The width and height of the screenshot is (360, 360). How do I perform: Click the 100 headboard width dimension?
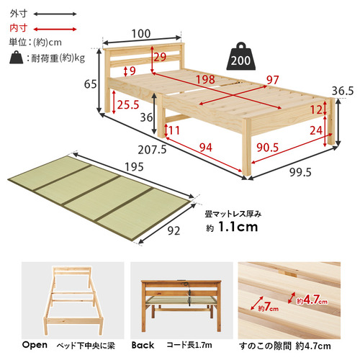(x=141, y=34)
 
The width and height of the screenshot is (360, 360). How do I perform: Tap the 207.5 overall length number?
(x=152, y=150)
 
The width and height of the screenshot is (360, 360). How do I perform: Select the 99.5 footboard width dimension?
(x=300, y=172)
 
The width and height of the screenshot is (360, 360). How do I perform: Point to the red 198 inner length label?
(x=205, y=79)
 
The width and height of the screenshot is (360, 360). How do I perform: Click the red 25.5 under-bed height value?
(x=128, y=105)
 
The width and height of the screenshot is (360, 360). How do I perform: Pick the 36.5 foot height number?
(x=343, y=91)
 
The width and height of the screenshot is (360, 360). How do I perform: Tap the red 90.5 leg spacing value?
(x=268, y=148)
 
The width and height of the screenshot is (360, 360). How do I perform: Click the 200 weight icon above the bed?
(x=240, y=57)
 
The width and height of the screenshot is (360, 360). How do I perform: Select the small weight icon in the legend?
(x=17, y=57)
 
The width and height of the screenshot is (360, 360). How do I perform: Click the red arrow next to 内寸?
(x=55, y=30)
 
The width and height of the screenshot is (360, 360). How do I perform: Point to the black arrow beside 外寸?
(x=55, y=14)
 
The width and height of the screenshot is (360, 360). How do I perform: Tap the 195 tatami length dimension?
(x=134, y=167)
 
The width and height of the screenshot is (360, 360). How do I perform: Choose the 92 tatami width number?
(x=174, y=231)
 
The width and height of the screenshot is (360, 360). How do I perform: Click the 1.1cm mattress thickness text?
(x=238, y=227)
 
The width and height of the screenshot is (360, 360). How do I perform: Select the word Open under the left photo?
(x=35, y=345)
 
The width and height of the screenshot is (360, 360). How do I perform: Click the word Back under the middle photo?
(x=143, y=345)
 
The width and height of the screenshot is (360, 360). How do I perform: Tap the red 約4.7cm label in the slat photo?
(x=312, y=300)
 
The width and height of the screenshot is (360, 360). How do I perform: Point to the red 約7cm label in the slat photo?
(x=269, y=307)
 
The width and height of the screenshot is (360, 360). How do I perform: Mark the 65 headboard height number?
(x=91, y=84)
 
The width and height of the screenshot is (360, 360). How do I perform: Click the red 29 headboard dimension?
(x=160, y=57)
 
